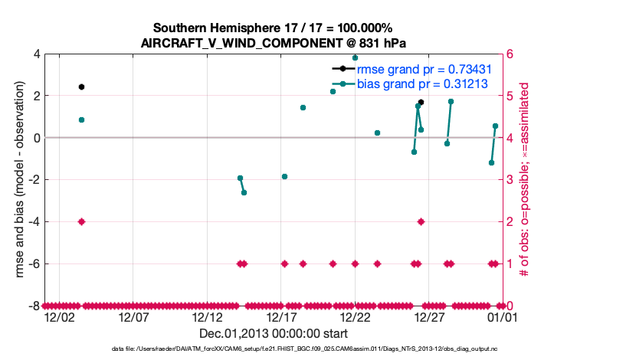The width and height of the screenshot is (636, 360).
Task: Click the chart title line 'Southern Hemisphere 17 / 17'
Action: tap(273, 28)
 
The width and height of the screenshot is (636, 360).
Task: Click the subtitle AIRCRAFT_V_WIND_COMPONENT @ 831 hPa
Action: tap(273, 42)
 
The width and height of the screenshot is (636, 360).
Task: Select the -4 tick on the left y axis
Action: tap(33, 221)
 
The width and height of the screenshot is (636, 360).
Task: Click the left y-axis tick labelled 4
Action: tap(36, 54)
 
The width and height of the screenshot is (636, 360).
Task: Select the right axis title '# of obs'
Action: tap(526, 180)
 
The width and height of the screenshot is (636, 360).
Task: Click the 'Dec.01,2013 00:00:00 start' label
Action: tap(273, 334)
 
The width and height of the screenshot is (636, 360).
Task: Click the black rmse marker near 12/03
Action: tap(81, 87)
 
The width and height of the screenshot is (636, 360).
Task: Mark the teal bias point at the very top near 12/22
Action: tap(355, 57)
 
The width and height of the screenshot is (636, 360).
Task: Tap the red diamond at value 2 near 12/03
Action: tap(81, 221)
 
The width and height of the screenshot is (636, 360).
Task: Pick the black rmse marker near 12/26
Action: tap(421, 102)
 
